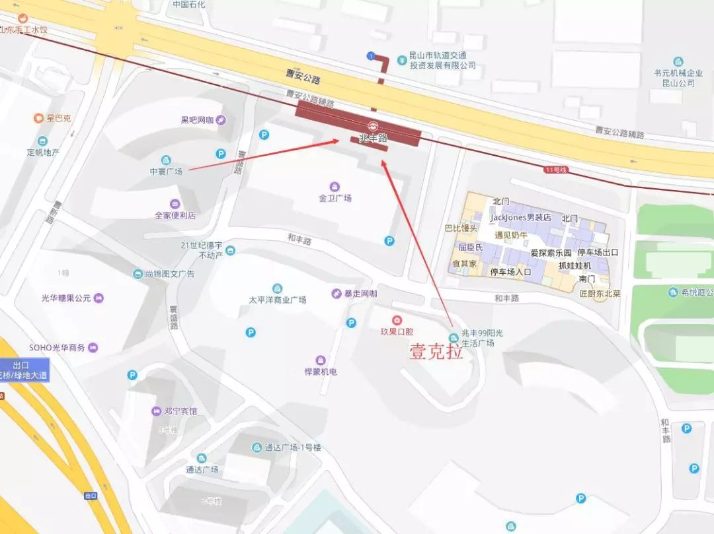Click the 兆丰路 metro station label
372,139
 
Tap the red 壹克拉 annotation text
436,352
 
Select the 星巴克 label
58,119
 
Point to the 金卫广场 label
335,197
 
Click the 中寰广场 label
165,170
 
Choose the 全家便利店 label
175,215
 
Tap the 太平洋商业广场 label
277,299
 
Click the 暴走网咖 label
360,294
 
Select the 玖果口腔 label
397,331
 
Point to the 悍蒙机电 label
321,371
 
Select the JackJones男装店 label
520,217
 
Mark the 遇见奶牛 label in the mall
511,235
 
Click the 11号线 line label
556,170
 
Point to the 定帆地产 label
43,152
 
